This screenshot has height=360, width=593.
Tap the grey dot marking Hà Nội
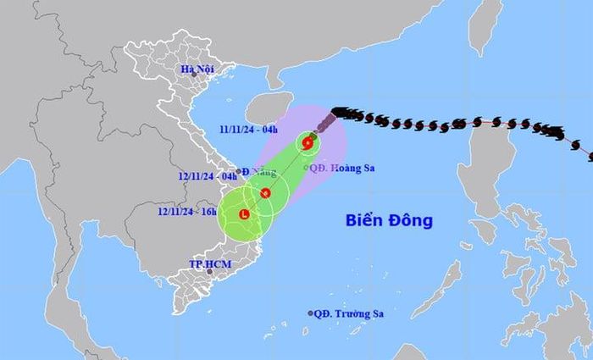tap(194, 75)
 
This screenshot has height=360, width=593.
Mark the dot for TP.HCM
tap(209, 273)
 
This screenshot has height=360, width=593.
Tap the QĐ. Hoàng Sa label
tap(341, 167)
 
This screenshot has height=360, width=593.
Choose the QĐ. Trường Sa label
tap(349, 313)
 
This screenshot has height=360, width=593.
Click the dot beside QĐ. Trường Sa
tap(311, 313)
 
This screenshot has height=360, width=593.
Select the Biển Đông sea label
tap(389, 221)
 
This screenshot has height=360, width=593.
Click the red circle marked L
tap(244, 214)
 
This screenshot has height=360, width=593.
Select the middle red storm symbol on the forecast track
tap(265, 193)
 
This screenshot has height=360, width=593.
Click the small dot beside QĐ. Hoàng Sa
tap(305, 167)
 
